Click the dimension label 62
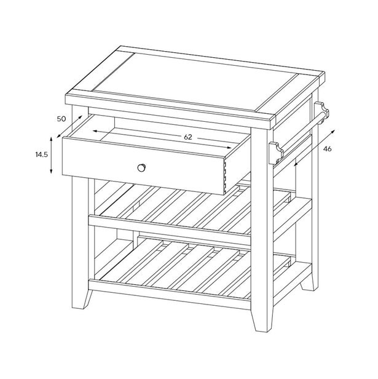pos(188,138)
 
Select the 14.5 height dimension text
pos(42,156)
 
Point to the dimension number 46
pos(327,148)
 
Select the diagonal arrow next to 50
pos(68,126)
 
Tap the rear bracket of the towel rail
pos(322,112)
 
